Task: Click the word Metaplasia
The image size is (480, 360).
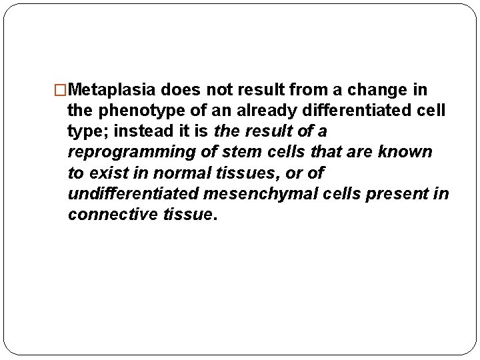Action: point(113,89)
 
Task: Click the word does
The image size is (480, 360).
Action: point(186,89)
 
